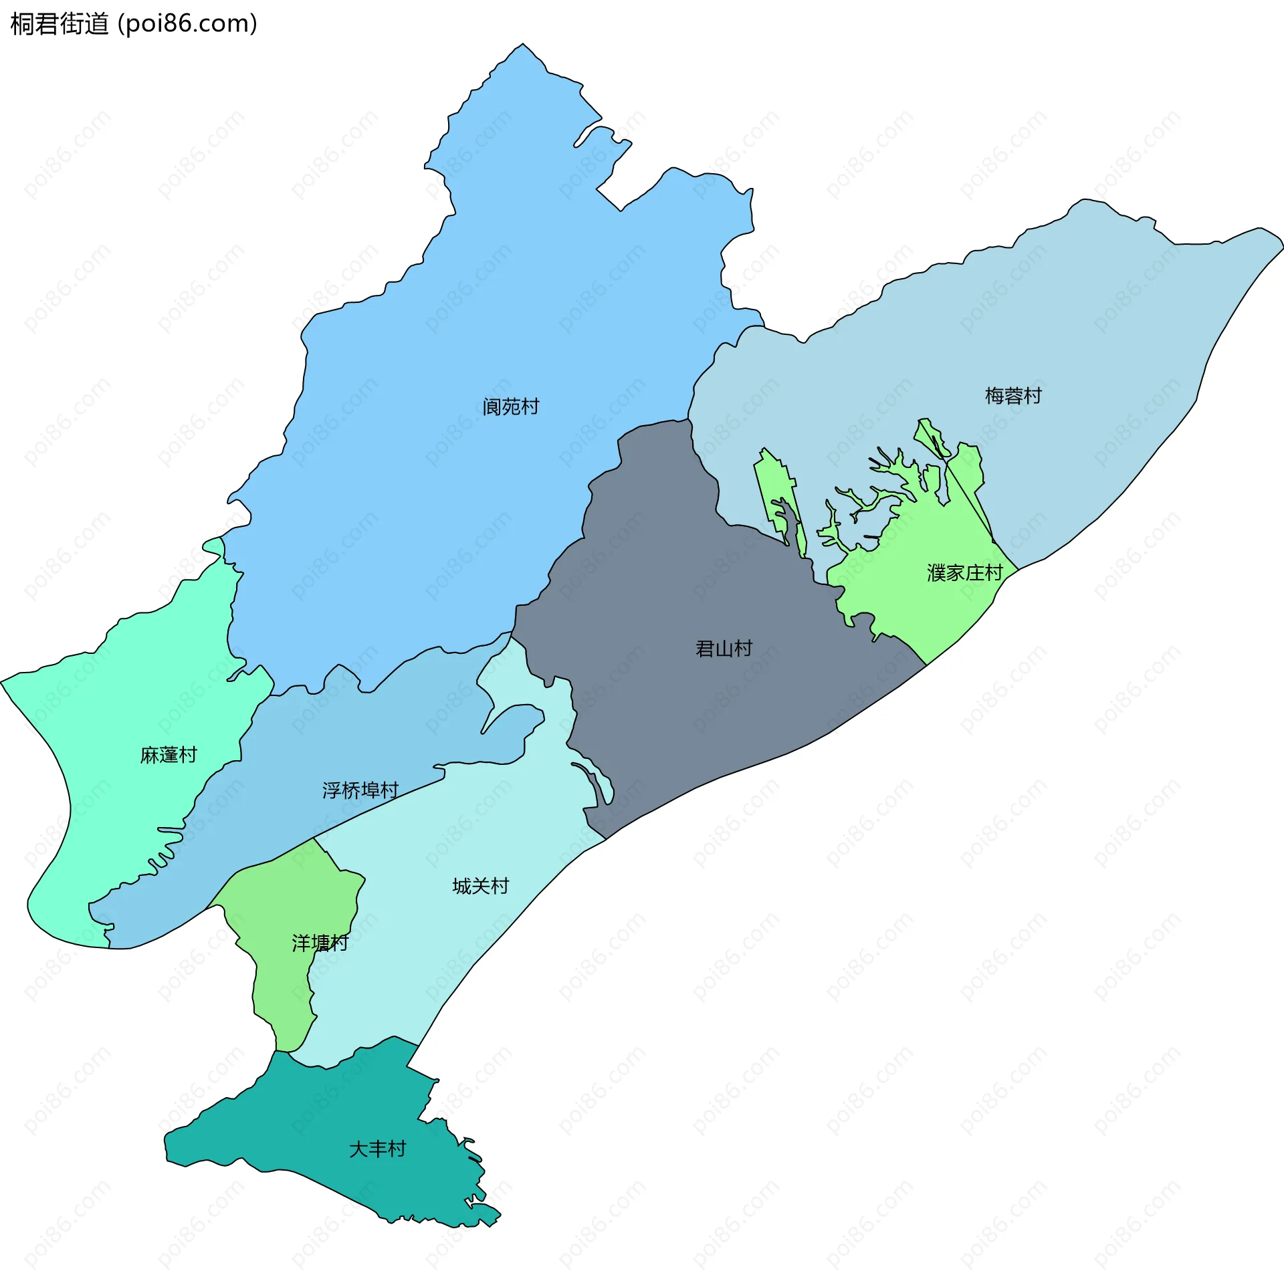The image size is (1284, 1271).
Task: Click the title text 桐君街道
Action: pyautogui.click(x=59, y=24)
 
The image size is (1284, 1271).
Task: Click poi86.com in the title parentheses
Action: pyautogui.click(x=187, y=24)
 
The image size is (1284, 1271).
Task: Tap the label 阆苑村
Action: pyautogui.click(x=511, y=407)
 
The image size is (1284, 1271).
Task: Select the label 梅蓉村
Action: pyautogui.click(x=1013, y=396)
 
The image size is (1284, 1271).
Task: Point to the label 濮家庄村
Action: pyautogui.click(x=965, y=573)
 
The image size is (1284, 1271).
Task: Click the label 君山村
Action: pyautogui.click(x=724, y=649)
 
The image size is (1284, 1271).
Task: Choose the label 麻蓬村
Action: pyautogui.click(x=169, y=755)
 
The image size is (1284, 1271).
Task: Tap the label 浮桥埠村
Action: pyautogui.click(x=360, y=790)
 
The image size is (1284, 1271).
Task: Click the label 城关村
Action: pyautogui.click(x=480, y=886)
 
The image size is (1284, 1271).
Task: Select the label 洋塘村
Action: pyautogui.click(x=320, y=943)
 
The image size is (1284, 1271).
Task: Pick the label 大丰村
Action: pyautogui.click(x=377, y=1149)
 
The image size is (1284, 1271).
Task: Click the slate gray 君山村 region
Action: pyautogui.click(x=669, y=709)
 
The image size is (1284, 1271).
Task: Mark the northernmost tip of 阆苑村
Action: pyautogui.click(x=523, y=44)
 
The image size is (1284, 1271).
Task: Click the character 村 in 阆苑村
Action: pyautogui.click(x=530, y=407)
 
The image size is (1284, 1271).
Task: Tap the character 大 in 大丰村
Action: pyautogui.click(x=358, y=1149)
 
